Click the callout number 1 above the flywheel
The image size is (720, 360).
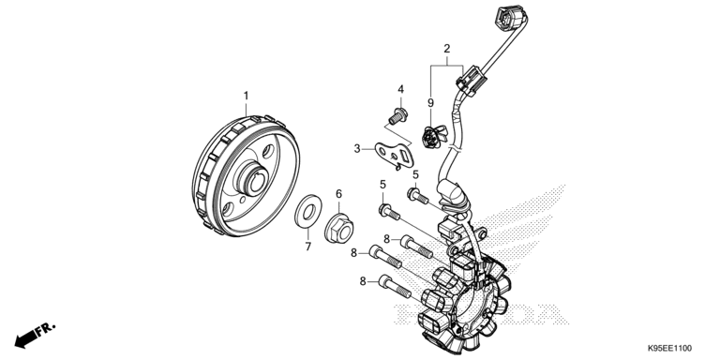point(247,96)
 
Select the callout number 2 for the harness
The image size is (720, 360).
point(447,48)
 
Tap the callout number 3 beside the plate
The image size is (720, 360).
point(357,148)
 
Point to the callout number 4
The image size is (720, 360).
point(400,90)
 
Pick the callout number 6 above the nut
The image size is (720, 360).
point(338,194)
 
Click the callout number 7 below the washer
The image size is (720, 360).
point(307,247)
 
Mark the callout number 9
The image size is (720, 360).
point(431,102)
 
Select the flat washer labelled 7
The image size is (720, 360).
point(307,211)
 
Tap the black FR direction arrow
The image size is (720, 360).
point(33,333)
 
